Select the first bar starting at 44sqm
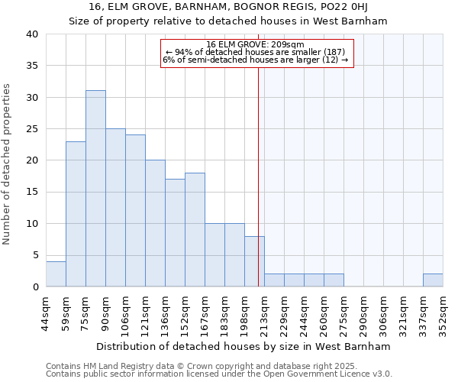(x=56, y=274)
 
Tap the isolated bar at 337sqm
(x=433, y=280)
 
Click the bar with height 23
(x=76, y=214)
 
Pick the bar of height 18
(x=195, y=229)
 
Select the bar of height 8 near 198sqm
(x=254, y=261)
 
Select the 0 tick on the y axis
(x=35, y=287)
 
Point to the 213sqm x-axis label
(x=265, y=311)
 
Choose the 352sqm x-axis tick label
(x=443, y=311)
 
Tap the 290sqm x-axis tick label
(x=364, y=311)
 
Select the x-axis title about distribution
(x=244, y=346)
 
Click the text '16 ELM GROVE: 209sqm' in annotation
(x=256, y=44)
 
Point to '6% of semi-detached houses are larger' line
(x=256, y=60)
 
